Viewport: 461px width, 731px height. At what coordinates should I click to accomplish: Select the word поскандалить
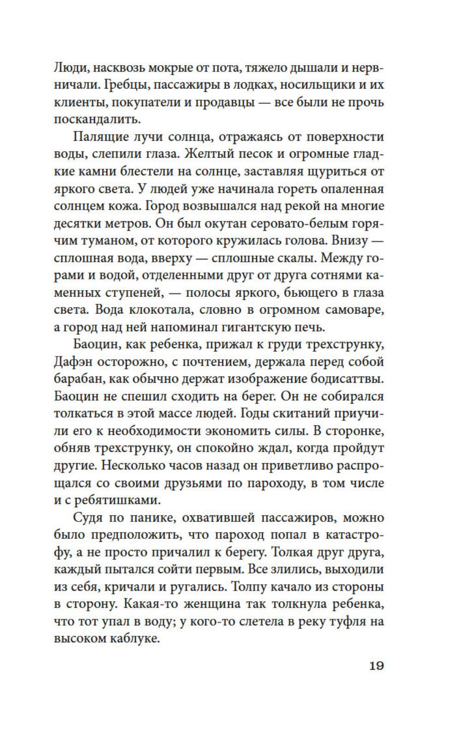[96, 120]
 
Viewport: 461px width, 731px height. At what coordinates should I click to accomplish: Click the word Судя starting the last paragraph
[89, 518]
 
